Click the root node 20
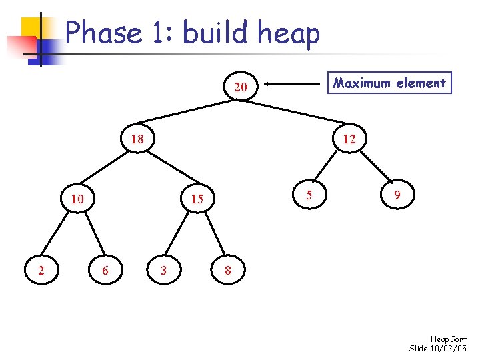[241, 87]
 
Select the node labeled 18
[137, 140]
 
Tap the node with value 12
[349, 140]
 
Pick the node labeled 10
[77, 199]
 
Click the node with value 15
[197, 199]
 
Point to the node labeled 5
[309, 195]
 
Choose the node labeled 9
[397, 195]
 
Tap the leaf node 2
[41, 270]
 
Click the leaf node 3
[163, 270]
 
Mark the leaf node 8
[228, 270]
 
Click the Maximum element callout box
[390, 83]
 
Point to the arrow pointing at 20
[293, 84]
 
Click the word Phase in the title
[104, 32]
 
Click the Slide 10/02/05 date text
[438, 349]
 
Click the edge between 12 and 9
[373, 168]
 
